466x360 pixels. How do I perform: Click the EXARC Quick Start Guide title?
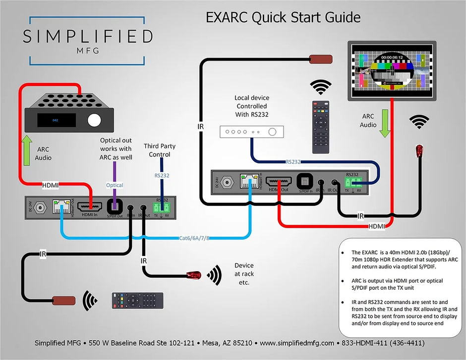283,18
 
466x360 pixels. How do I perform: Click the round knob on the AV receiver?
93,120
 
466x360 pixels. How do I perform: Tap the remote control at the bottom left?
137,300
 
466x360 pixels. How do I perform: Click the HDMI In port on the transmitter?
90,208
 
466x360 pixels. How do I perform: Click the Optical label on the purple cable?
115,185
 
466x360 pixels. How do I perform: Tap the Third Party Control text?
160,150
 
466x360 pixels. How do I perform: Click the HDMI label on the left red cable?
51,185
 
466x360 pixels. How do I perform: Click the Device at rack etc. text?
244,274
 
